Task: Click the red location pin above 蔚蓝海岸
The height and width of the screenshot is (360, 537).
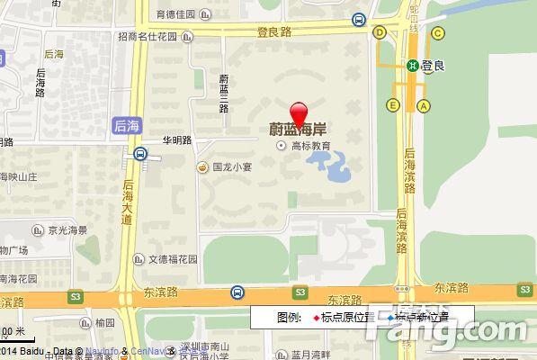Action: [300, 113]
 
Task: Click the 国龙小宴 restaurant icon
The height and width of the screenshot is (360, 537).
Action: [204, 166]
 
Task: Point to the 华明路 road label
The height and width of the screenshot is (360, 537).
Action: [176, 140]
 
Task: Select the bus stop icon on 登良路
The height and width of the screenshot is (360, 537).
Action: [359, 20]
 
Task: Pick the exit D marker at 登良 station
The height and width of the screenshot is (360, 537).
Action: [380, 31]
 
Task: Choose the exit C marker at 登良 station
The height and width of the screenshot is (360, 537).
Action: [438, 33]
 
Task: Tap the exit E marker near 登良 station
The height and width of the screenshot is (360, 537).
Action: [393, 105]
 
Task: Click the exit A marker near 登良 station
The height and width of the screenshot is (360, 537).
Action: [423, 105]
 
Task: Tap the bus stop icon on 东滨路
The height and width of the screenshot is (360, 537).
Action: [237, 292]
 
